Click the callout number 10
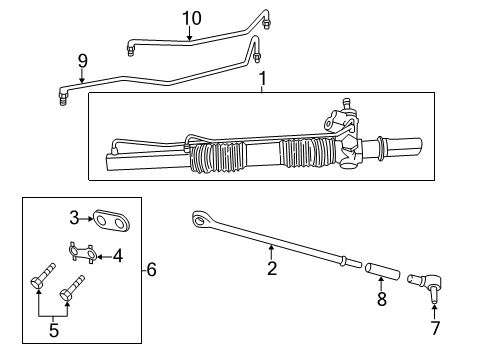click(190, 17)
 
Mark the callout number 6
click(151, 269)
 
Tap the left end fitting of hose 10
click(131, 48)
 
